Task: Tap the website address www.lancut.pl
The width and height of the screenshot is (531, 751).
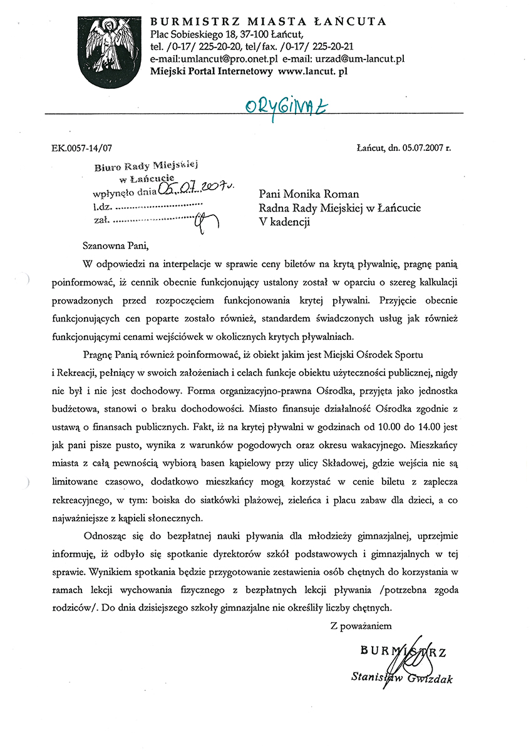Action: point(312,71)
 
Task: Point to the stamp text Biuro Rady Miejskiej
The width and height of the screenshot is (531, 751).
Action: point(146,166)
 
